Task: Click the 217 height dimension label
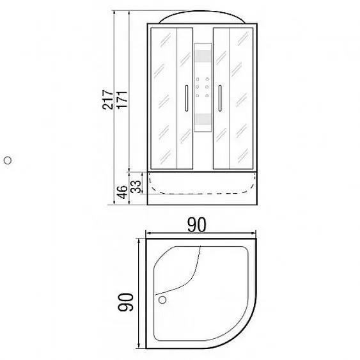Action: tap(108, 100)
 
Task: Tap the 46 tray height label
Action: tap(122, 192)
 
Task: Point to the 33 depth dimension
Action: tap(136, 187)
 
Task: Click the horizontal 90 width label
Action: tap(197, 225)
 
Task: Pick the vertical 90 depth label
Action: tap(125, 302)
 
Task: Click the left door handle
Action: tap(187, 98)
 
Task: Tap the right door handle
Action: tap(220, 98)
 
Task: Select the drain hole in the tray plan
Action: tap(162, 300)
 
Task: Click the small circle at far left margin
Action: tap(8, 160)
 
